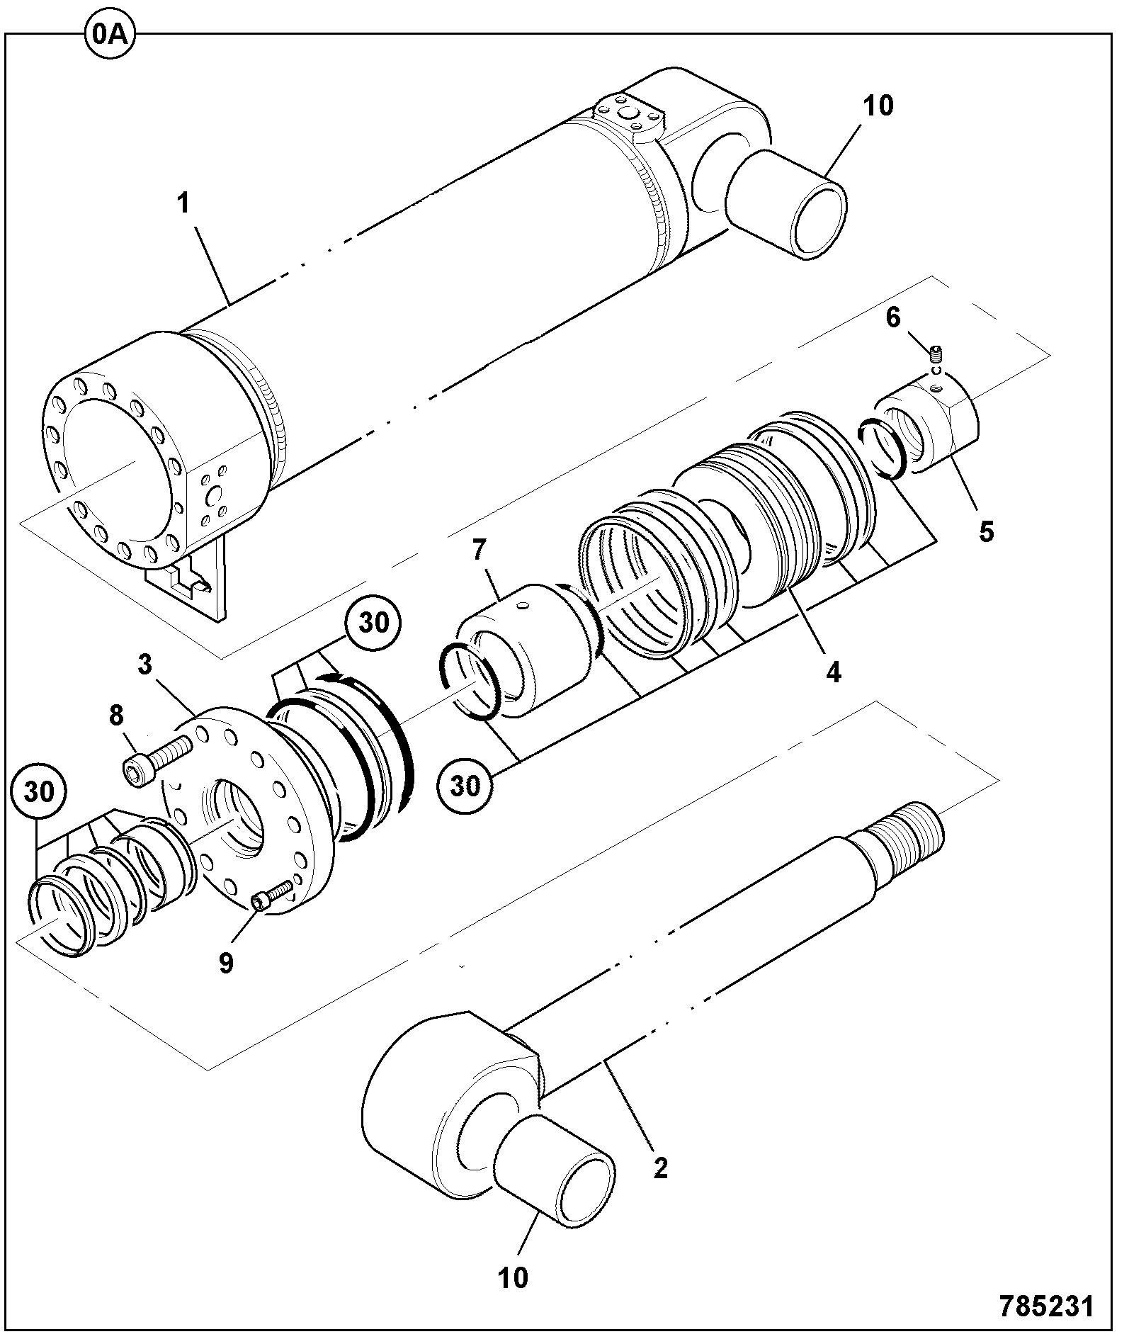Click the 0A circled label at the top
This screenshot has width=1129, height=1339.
110,34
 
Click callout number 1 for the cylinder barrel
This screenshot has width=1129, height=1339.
184,203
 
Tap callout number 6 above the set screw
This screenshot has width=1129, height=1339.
893,318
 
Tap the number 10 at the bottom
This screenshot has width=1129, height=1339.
513,1277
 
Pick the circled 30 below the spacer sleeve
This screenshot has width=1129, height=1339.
465,786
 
